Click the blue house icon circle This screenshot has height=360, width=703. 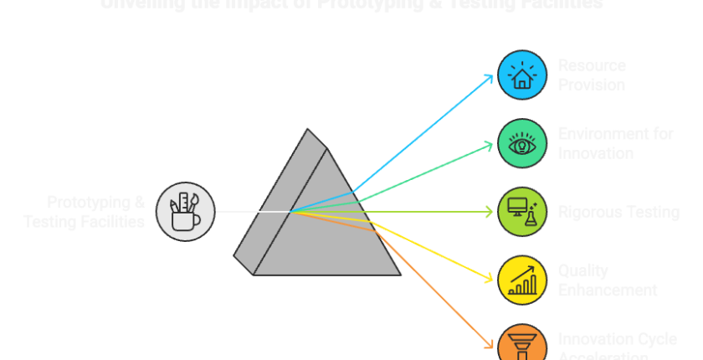coord(522,75)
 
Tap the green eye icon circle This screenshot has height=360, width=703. coord(522,143)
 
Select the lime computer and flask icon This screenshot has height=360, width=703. coord(522,211)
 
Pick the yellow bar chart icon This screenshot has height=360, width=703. coord(522,280)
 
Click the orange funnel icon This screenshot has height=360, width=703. coord(522,344)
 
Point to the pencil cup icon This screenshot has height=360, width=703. coord(185,211)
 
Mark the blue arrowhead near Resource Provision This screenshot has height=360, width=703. coord(490,78)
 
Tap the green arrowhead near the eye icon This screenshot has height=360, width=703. coord(490,145)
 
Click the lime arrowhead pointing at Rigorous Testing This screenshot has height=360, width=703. coord(490,212)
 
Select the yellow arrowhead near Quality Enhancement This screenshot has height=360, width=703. coord(490,279)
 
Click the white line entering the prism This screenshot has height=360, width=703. coord(251,211)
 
